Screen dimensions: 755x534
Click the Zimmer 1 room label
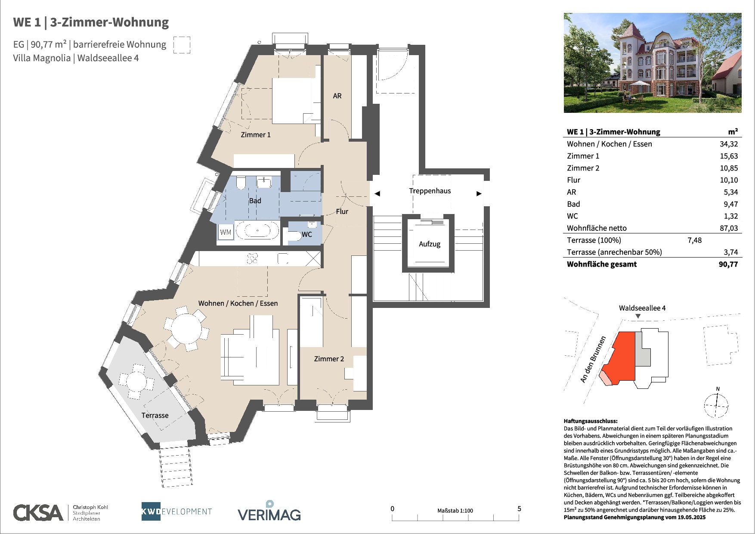coord(256,135)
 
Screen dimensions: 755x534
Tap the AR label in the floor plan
coord(337,96)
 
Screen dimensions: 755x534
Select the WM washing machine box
coord(226,232)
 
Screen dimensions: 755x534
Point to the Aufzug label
coord(430,244)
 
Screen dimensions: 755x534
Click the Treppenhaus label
coord(430,191)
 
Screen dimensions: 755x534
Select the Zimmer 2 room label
coord(329,359)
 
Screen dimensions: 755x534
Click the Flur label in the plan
coord(342,211)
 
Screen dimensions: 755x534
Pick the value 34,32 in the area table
coord(729,144)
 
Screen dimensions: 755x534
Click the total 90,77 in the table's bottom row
coord(728,264)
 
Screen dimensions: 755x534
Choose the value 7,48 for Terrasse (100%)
coord(694,240)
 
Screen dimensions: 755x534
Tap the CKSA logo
coord(38,512)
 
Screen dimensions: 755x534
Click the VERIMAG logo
coord(269,511)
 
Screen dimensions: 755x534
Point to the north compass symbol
coord(716,403)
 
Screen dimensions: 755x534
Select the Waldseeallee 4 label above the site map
coord(642,308)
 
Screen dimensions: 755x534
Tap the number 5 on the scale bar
coord(519,509)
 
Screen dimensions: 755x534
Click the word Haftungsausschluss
coord(591,421)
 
